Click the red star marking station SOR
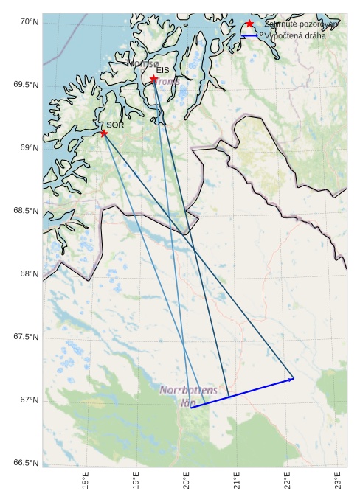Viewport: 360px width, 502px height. pos(104,133)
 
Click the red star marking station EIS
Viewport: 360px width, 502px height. pos(153,79)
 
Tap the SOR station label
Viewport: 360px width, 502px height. pos(114,125)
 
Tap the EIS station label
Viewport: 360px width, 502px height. pos(162,71)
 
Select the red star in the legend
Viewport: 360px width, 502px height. pos(249,24)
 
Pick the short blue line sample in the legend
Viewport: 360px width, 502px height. pos(248,35)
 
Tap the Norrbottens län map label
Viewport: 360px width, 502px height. pos(189,395)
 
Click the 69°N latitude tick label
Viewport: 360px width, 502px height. pos(28,148)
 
